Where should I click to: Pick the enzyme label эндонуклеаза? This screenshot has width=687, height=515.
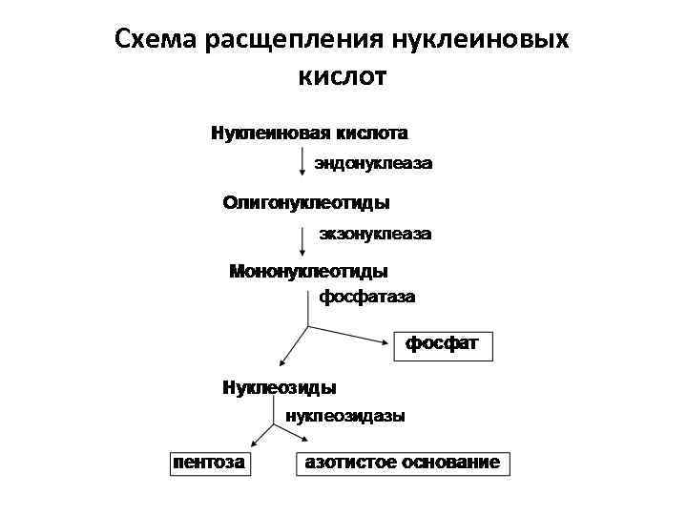[x=374, y=164]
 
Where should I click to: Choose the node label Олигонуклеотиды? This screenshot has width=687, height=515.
[x=306, y=203]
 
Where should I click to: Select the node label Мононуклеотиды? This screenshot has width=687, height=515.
[x=310, y=272]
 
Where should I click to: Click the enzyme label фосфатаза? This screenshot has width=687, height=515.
[x=367, y=297]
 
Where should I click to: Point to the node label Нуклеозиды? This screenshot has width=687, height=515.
[x=280, y=388]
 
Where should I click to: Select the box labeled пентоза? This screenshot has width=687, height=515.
[x=207, y=463]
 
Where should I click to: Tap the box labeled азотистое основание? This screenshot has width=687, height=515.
[x=402, y=463]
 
